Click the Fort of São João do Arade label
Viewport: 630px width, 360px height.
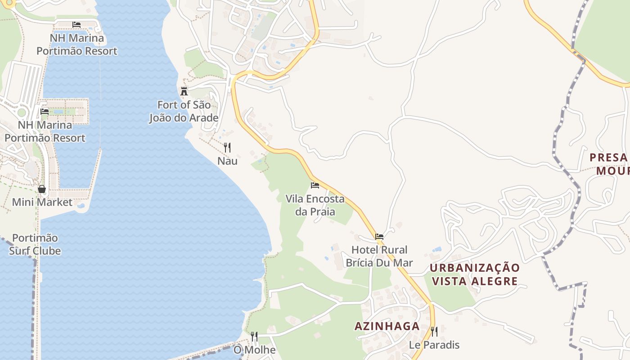(x=184, y=112)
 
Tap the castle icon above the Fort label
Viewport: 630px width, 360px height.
(x=184, y=91)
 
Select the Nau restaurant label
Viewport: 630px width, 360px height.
(x=227, y=161)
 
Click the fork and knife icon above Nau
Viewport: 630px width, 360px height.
(x=227, y=147)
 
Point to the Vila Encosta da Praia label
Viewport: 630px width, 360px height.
(x=315, y=205)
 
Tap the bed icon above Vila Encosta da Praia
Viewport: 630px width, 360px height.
(x=315, y=185)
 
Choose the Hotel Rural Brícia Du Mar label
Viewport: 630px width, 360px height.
(x=379, y=256)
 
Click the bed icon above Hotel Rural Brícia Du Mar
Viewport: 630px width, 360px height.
(x=379, y=236)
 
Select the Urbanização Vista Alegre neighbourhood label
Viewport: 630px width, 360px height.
(x=474, y=274)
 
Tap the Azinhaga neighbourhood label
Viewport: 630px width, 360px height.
(x=387, y=326)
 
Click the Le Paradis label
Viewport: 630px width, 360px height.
(x=434, y=345)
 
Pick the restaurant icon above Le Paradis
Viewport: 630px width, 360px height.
(x=434, y=332)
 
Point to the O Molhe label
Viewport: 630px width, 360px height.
(x=254, y=350)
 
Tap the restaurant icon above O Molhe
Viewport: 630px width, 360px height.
(x=254, y=337)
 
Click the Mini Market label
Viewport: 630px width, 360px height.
(x=42, y=202)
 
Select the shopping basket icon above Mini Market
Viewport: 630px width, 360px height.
(x=42, y=189)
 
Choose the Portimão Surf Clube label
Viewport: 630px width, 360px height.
(x=35, y=244)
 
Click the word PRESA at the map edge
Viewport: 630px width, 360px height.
(x=608, y=157)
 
